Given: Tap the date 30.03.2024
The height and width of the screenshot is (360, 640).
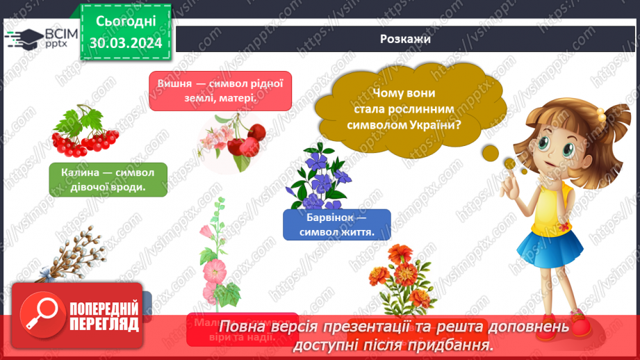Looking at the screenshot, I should pos(125,43).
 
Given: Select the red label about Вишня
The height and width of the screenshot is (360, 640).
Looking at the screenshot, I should pos(220,91).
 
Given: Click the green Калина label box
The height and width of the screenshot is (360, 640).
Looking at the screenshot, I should pos(108,179).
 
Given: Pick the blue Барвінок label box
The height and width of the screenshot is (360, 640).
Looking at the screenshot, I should pos(336,224).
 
